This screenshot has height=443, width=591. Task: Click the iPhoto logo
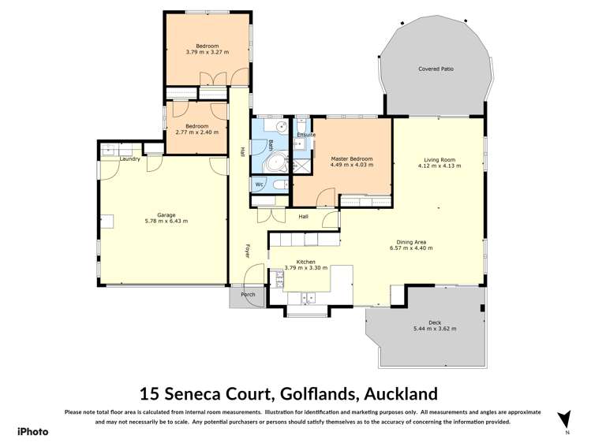[x=33, y=431]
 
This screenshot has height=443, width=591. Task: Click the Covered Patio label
[x=436, y=69]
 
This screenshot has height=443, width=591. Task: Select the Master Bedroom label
[x=351, y=158]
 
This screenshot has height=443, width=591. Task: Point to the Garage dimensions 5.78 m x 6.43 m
[x=166, y=221]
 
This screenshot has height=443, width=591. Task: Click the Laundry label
[x=130, y=158]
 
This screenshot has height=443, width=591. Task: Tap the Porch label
[x=248, y=295]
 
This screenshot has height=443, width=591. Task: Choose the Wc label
[x=259, y=184]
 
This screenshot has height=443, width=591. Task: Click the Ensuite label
[x=306, y=135]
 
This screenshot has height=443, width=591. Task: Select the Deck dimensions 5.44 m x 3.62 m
[x=435, y=329]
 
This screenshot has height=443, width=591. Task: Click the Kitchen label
[x=305, y=261]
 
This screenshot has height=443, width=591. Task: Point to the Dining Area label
[x=410, y=241]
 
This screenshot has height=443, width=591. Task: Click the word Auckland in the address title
[x=394, y=393]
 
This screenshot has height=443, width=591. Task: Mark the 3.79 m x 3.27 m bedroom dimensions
[x=207, y=52]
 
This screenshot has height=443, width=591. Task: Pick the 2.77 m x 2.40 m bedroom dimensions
[x=196, y=132]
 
